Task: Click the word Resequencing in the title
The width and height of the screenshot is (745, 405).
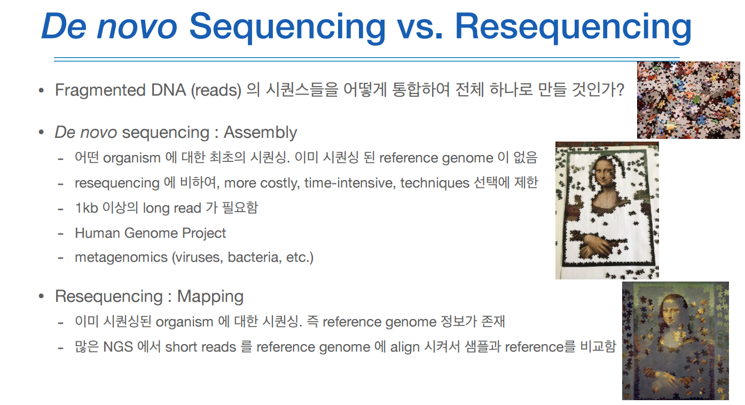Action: (573, 27)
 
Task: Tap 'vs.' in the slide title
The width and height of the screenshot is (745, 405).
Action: (420, 27)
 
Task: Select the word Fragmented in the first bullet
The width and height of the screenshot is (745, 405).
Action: (100, 90)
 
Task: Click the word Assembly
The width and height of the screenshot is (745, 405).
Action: (260, 133)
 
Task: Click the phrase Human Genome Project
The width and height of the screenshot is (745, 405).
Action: (150, 233)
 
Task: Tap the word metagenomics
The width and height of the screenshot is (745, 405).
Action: (121, 258)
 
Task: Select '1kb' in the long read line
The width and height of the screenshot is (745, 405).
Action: (87, 208)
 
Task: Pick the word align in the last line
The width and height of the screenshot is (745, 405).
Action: (404, 347)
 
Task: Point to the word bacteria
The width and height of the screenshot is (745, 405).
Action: (254, 257)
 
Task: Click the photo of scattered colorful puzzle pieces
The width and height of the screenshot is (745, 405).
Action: (688, 100)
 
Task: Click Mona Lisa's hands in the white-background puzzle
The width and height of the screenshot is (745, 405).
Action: (595, 246)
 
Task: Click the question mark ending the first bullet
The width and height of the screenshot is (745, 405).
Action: (620, 90)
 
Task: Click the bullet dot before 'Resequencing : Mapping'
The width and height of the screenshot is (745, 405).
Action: (41, 296)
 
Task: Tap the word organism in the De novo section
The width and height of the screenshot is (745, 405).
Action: (132, 158)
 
